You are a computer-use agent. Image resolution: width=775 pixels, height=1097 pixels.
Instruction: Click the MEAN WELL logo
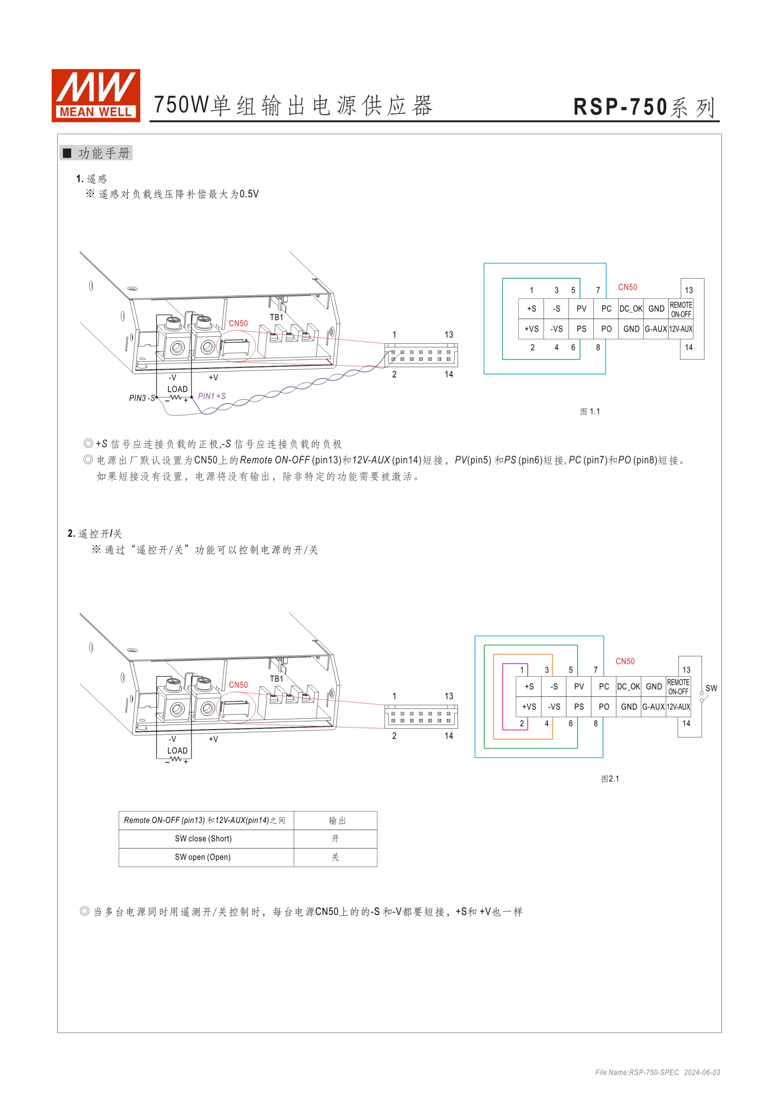click(x=96, y=96)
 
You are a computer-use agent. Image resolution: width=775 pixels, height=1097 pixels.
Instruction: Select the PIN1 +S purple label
click(x=212, y=396)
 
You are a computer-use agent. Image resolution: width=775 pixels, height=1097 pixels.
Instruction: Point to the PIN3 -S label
click(x=142, y=398)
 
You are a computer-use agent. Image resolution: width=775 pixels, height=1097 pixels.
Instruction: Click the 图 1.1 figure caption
click(x=590, y=411)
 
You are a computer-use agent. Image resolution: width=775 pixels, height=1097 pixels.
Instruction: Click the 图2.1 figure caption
click(x=610, y=778)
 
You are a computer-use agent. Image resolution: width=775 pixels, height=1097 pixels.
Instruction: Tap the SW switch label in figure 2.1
click(x=711, y=688)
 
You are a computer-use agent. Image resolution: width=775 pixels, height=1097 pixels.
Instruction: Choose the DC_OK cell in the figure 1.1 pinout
click(x=631, y=308)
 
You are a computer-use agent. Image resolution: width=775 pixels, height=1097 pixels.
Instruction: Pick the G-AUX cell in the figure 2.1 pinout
click(x=653, y=707)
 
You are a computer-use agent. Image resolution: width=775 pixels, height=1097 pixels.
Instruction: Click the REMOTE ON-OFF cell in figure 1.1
click(x=680, y=309)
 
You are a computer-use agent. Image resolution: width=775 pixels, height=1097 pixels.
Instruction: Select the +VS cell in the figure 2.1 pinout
click(x=528, y=707)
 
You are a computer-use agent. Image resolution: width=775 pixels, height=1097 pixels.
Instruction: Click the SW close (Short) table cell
click(x=203, y=839)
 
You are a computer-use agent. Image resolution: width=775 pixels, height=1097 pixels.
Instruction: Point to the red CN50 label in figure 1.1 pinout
click(x=628, y=287)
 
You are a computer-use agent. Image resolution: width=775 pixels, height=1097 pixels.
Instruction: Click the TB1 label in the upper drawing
click(x=276, y=317)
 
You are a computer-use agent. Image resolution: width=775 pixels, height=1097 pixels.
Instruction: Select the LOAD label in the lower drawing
click(x=177, y=751)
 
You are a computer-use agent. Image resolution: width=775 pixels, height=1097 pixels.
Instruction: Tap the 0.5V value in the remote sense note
click(x=249, y=194)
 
